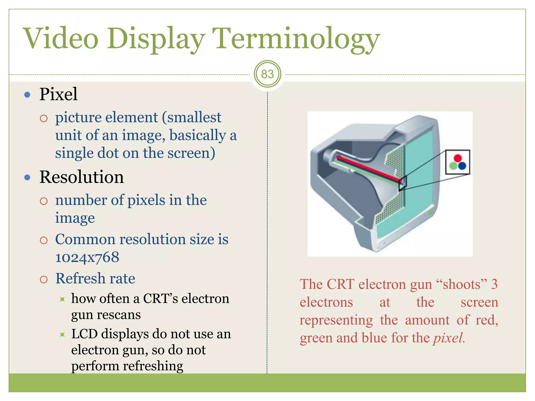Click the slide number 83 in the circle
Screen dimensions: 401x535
[267, 74]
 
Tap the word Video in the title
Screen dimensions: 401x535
[61, 39]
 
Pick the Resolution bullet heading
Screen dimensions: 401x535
[82, 177]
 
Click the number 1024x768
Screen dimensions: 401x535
[87, 257]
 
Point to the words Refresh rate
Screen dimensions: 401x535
[95, 278]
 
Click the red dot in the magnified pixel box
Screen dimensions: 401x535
[458, 158]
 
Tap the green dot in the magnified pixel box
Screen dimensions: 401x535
[453, 166]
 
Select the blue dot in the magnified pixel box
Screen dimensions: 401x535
[462, 166]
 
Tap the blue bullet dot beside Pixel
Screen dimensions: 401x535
[27, 95]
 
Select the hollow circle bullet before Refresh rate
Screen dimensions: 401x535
[44, 280]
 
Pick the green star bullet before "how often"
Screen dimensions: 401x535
[62, 299]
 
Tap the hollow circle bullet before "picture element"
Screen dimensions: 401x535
[44, 119]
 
